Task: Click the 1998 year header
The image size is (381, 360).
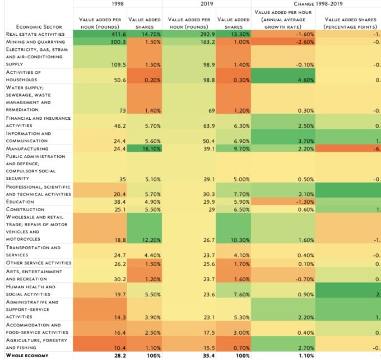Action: [118, 3]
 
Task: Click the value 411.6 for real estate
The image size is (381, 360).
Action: [112, 34]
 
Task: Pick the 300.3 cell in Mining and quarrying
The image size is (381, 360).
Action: [112, 41]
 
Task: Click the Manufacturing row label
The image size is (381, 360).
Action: [27, 148]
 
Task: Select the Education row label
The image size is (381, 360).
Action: [20, 202]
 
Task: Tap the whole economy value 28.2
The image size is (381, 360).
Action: [114, 356]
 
